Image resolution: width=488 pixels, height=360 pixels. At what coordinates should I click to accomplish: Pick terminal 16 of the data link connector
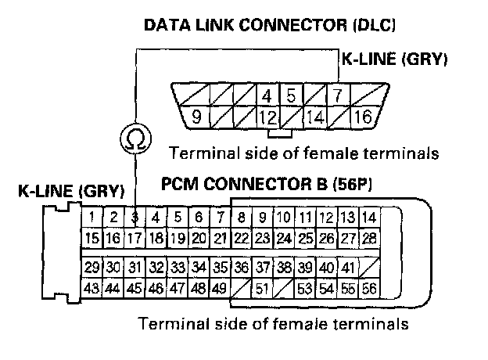(x=361, y=119)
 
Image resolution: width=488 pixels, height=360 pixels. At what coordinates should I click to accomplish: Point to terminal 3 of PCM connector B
(x=135, y=218)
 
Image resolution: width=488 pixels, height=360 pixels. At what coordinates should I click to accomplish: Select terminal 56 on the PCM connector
(x=368, y=289)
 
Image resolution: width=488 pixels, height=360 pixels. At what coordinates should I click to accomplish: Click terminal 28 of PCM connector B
(x=368, y=237)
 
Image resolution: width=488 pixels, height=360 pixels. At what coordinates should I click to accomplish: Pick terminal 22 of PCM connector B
(x=242, y=237)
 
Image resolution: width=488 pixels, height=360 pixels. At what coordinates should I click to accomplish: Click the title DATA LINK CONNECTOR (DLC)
(x=269, y=26)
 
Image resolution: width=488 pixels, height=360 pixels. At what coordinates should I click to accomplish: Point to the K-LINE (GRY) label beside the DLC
(x=393, y=59)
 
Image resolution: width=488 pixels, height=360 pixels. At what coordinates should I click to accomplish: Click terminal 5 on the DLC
(x=291, y=98)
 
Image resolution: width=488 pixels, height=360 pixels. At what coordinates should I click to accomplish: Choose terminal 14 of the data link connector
(x=316, y=119)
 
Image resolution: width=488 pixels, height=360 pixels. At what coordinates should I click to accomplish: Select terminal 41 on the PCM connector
(x=348, y=268)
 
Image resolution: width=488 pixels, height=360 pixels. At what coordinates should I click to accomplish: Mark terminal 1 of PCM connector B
(x=93, y=218)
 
